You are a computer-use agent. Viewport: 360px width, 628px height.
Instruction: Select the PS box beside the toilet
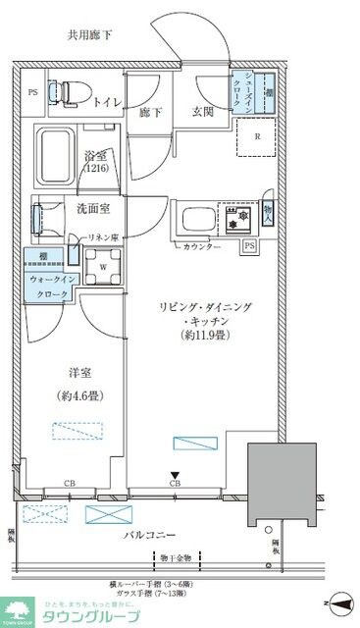(32, 94)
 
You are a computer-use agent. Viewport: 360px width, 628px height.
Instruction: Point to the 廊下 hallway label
(151, 113)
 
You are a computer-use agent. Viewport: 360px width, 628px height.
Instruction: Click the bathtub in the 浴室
(61, 152)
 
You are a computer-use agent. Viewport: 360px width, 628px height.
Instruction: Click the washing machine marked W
(104, 265)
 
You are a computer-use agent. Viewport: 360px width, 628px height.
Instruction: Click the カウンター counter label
(201, 246)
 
